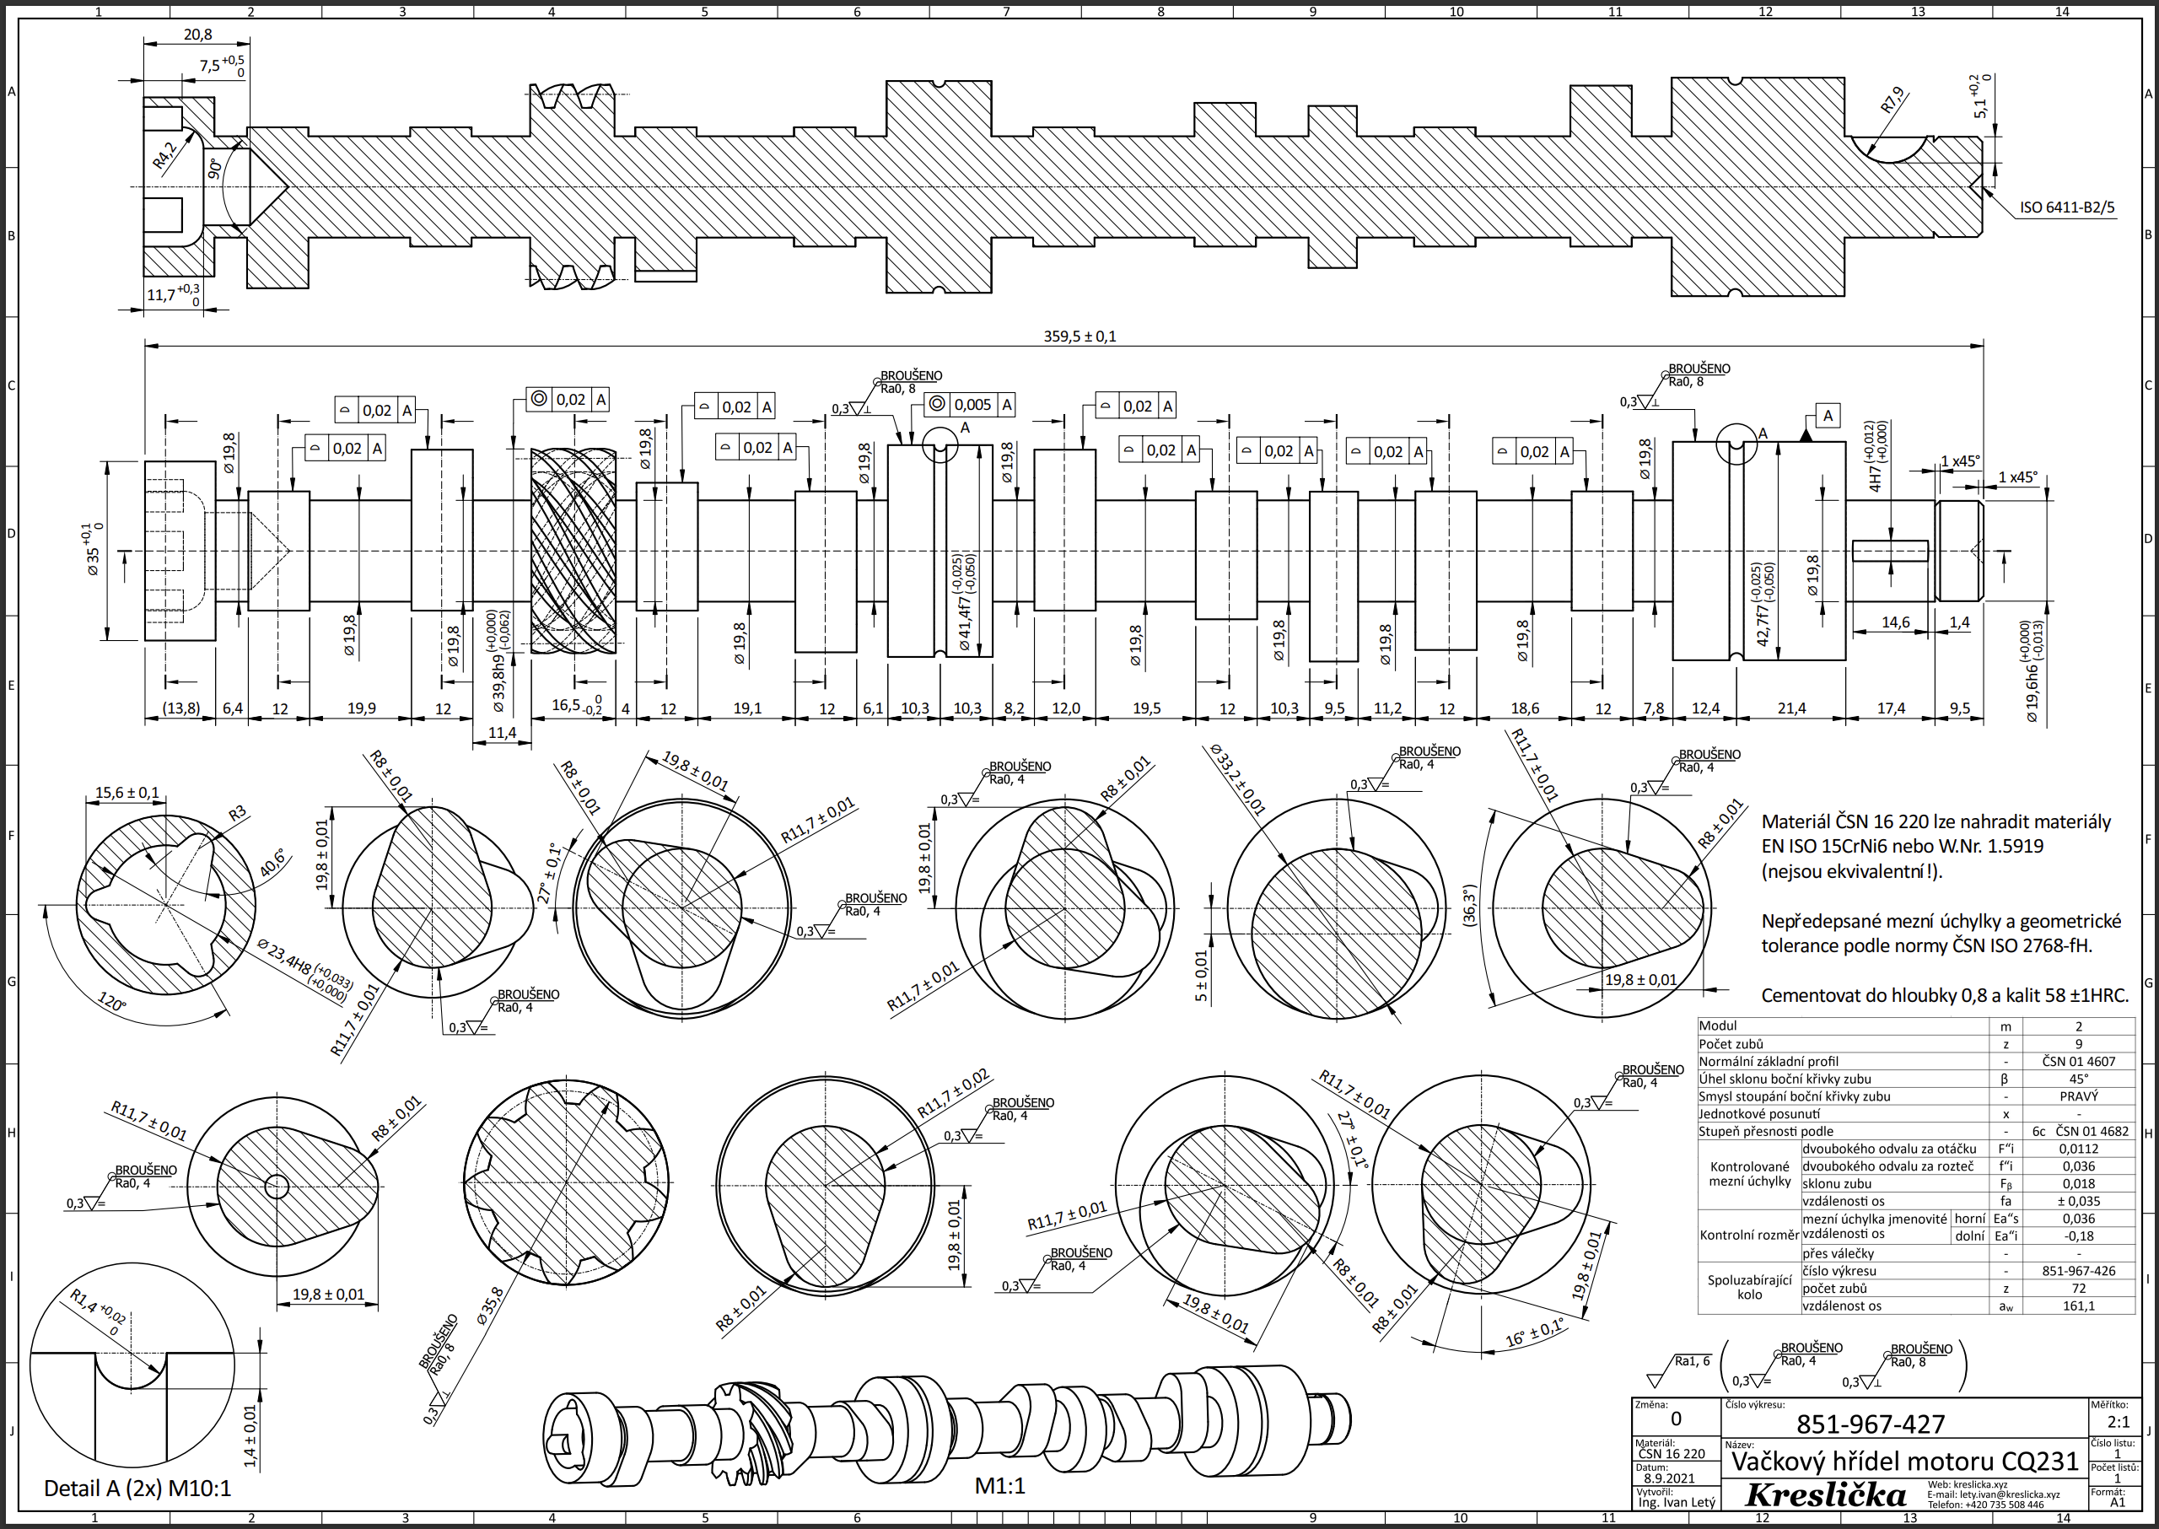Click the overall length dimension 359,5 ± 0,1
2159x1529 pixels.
tap(1079, 336)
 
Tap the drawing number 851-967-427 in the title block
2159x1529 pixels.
tap(1870, 1424)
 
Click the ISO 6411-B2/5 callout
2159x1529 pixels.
tap(2067, 207)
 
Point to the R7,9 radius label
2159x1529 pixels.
tap(1892, 100)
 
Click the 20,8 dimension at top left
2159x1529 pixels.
tap(197, 35)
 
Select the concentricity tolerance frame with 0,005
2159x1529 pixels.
tap(970, 405)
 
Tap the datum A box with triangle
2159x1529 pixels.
tap(1827, 416)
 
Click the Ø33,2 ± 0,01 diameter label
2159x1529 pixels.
tap(1237, 779)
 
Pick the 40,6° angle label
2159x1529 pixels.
tap(272, 864)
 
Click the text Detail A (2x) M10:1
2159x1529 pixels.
tap(137, 1489)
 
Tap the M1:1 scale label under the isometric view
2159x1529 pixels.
tap(999, 1486)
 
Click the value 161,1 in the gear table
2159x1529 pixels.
tap(2078, 1306)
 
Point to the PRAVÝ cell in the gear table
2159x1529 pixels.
tap(2078, 1096)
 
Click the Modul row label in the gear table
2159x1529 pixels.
tap(1719, 1026)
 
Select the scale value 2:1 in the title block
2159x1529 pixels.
tap(2119, 1422)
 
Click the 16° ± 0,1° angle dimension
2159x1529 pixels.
tap(1534, 1333)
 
